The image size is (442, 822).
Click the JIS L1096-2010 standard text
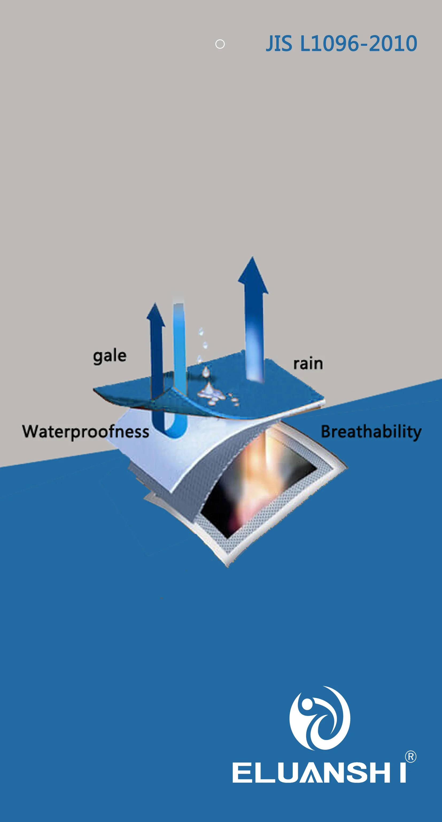[341, 44]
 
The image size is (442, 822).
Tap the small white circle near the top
[220, 44]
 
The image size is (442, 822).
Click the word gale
[110, 356]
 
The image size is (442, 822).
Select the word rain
[308, 364]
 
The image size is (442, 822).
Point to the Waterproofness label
[86, 431]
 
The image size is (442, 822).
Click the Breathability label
[371, 432]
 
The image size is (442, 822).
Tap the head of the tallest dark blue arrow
[253, 276]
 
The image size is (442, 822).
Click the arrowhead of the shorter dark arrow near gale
[156, 316]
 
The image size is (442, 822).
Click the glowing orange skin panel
[258, 479]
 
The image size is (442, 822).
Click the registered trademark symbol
[410, 757]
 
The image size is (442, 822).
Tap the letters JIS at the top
[279, 44]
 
